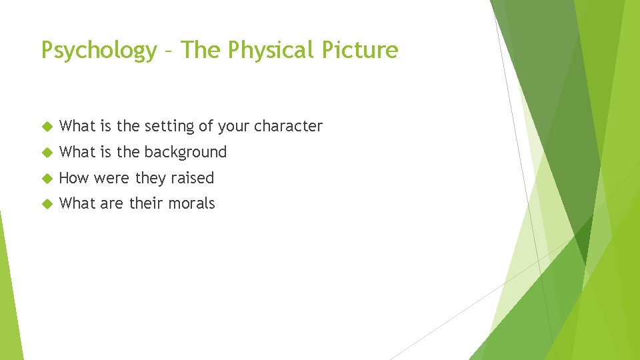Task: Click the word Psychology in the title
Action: pos(98,51)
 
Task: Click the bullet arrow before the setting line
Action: pos(47,127)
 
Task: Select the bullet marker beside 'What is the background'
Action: pos(47,153)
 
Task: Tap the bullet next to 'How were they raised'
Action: pos(47,179)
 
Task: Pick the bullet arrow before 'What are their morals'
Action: pos(47,204)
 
